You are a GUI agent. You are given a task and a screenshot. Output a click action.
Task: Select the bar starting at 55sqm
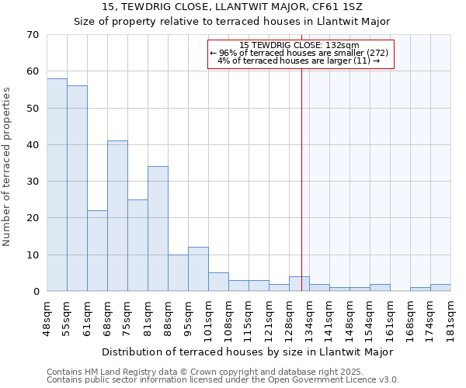[77, 189]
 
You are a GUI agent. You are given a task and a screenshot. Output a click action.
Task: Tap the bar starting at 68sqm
[117, 216]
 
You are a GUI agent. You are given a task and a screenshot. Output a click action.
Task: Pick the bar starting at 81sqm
[158, 229]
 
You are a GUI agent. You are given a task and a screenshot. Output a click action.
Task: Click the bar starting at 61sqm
[97, 251]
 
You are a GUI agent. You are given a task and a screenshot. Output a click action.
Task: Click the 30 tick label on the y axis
[32, 182]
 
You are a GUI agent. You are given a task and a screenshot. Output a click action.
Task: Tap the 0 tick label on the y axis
[35, 292]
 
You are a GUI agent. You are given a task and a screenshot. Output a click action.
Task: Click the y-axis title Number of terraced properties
[7, 167]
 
